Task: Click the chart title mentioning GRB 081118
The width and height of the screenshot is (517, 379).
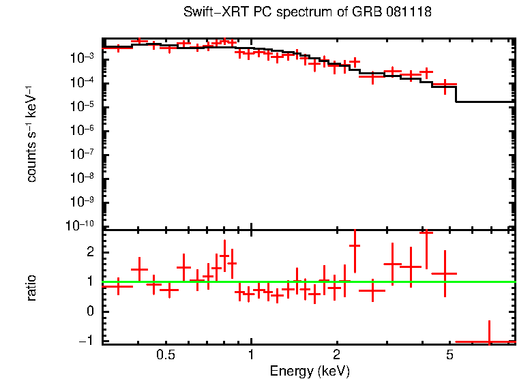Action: point(308,12)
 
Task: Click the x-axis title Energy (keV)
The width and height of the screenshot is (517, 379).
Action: point(310,371)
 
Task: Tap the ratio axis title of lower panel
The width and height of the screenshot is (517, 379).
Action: point(31,288)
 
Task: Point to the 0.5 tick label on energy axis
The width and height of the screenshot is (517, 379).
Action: point(166,355)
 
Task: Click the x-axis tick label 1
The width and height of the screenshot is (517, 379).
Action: point(251,355)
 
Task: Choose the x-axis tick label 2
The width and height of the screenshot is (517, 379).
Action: point(336,355)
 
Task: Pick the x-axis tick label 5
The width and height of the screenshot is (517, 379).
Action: point(449,355)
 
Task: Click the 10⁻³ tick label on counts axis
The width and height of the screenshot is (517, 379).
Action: point(82,58)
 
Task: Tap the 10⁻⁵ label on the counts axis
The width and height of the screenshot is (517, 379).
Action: point(82,106)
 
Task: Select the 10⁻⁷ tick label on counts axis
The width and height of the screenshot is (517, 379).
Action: point(82,153)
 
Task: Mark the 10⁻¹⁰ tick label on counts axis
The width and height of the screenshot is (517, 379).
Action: point(80,225)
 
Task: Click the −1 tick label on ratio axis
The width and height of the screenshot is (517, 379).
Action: point(87,340)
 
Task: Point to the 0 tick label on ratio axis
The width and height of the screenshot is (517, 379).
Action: point(90,311)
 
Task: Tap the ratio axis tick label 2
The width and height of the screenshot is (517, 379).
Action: point(90,252)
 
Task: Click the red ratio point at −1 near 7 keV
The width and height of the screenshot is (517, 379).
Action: point(489,342)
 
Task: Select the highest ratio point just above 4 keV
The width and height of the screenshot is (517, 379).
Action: point(426,232)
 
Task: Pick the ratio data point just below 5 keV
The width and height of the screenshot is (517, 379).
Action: point(445,273)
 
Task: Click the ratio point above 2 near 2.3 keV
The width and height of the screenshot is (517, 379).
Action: point(355,245)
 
